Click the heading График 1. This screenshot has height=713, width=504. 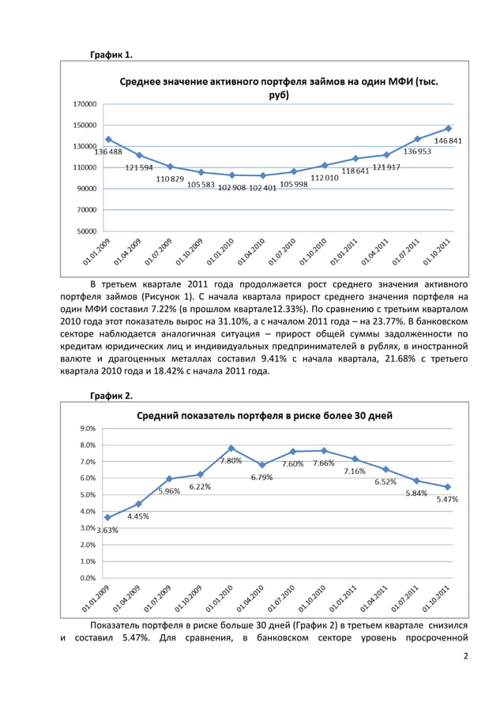pyautogui.click(x=111, y=54)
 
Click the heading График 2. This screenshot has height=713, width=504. pyautogui.click(x=111, y=395)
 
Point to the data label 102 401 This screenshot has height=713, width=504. pyautogui.click(x=264, y=188)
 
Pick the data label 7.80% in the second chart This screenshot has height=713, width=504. pyautogui.click(x=231, y=460)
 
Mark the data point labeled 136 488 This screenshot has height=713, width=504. pyautogui.click(x=108, y=139)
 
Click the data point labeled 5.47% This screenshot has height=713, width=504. pyautogui.click(x=448, y=487)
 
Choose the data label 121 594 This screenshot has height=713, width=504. pyautogui.click(x=141, y=167)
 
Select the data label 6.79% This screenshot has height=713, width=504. pyautogui.click(x=262, y=477)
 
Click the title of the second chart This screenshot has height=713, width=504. pyautogui.click(x=265, y=415)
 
